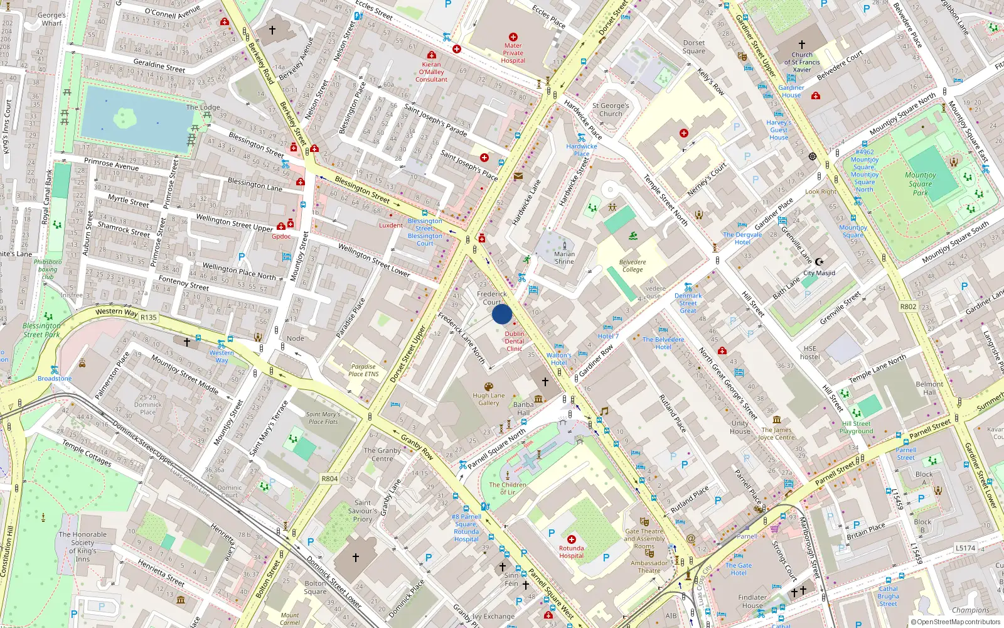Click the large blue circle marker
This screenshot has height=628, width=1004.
(502, 314)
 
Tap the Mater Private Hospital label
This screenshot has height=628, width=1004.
(513, 53)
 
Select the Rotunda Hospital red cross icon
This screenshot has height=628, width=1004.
(572, 539)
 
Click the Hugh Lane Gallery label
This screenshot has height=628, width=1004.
(488, 399)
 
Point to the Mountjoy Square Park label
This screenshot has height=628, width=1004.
(920, 184)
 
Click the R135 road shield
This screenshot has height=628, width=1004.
(149, 318)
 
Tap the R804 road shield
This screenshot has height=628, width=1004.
(329, 479)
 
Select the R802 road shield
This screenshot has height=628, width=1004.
(908, 307)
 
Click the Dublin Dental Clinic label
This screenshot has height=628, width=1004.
(515, 342)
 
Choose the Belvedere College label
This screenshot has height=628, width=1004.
(633, 266)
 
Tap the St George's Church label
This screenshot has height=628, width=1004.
(611, 110)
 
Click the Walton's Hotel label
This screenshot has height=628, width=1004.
(558, 359)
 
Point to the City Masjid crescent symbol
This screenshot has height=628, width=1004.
(818, 262)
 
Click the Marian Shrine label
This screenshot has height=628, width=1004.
(564, 258)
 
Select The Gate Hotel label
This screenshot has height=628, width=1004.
(739, 569)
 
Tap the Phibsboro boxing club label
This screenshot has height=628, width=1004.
(48, 269)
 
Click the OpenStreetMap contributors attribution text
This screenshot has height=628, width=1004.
(956, 622)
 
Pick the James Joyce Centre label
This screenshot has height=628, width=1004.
(777, 434)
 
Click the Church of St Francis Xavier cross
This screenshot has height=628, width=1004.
(801, 45)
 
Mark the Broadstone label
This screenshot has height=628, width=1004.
(55, 379)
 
